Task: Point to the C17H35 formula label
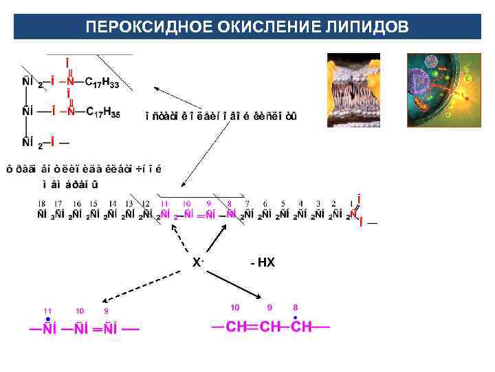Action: pos(102,112)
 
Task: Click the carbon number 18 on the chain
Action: pos(42,204)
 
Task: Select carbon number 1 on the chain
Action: pos(334,204)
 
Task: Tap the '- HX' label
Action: pos(263,262)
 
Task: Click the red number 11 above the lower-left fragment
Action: pos(47,311)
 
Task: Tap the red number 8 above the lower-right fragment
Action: pos(296,307)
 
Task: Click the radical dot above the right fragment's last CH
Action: pos(296,318)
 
